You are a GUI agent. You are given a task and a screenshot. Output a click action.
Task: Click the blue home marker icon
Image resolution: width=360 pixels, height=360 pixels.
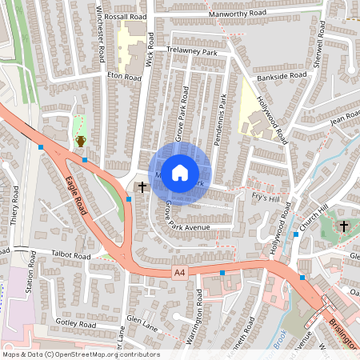[x=180, y=173]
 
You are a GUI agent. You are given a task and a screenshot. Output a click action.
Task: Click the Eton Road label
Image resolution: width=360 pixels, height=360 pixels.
[x=123, y=74]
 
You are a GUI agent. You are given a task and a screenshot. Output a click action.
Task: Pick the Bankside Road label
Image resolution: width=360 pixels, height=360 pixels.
[x=282, y=77]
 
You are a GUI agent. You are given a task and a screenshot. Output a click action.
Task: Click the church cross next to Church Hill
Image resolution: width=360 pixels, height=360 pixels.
[x=343, y=226]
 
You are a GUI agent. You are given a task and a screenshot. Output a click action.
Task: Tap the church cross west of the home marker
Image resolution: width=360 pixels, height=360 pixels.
[x=142, y=187]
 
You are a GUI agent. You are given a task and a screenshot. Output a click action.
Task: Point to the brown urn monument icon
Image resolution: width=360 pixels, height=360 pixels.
[x=80, y=141]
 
